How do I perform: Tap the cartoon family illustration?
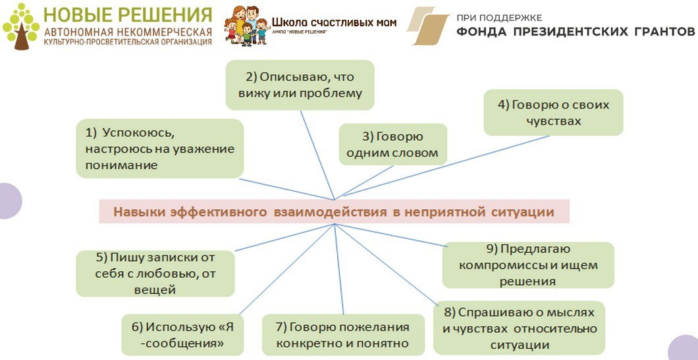coord(246,26)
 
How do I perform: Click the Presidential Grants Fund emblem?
coord(427,26)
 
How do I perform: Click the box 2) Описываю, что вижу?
coord(300,85)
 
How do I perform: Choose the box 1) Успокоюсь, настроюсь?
coord(159,148)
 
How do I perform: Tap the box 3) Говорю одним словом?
coord(392,145)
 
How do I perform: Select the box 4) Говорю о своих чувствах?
coord(553,113)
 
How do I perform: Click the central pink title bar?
coord(334,212)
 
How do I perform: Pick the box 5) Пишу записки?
coord(155,273)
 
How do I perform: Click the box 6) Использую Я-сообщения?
coord(182,334)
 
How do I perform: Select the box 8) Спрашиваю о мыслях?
coord(520,328)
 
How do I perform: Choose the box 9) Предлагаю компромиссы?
coord(527,265)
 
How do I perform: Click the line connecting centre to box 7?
coord(340,270)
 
